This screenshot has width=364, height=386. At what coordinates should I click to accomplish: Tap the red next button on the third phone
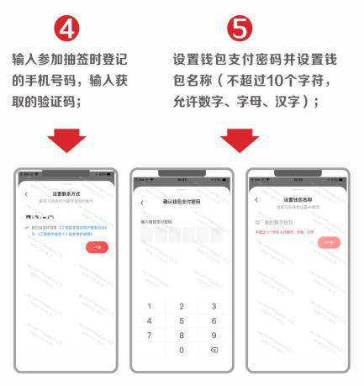coord(329,241)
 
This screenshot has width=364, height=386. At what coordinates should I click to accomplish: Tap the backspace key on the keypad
coord(214,351)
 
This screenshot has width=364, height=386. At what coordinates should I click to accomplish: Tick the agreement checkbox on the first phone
coord(29,229)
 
